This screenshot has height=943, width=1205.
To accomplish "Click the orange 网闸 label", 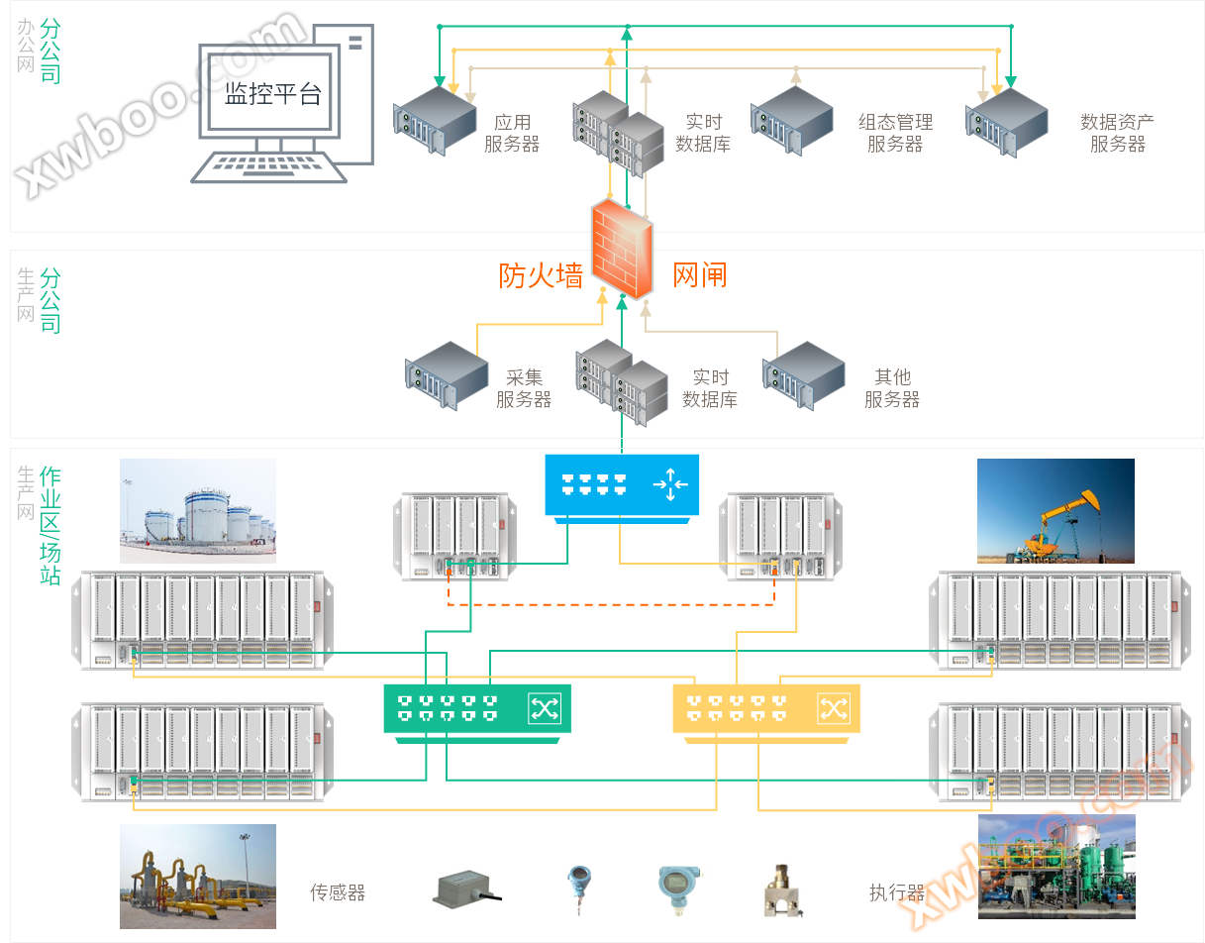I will tap(700, 274).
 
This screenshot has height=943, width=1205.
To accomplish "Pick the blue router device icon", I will tap(622, 485).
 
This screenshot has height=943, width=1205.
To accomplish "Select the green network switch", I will tap(477, 708).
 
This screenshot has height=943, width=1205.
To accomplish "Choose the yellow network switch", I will tap(765, 708).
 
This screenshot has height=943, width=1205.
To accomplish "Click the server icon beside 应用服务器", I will tap(434, 120).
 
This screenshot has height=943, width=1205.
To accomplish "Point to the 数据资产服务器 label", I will tap(1117, 134).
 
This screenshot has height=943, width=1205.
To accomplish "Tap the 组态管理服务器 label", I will tap(895, 134).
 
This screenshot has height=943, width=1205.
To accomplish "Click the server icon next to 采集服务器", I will tap(447, 375).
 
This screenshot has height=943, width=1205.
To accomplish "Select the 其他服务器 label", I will tap(891, 388).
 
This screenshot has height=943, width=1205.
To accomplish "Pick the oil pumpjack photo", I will tap(1054, 510).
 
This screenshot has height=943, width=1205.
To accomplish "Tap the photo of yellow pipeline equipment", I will tap(198, 876).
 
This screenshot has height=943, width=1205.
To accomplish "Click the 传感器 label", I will tap(338, 892).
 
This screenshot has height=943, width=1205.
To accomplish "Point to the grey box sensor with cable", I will tap(465, 891).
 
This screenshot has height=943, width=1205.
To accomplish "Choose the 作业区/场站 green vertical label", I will tap(50, 525).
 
